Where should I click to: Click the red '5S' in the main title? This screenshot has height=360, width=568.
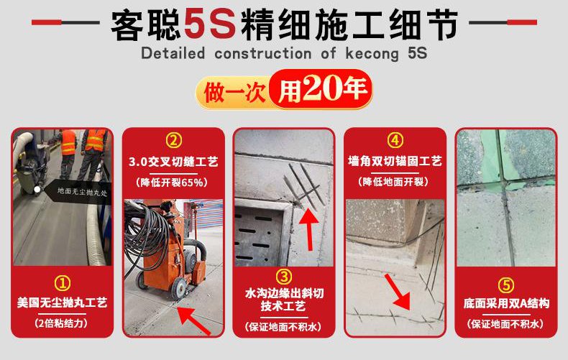pos(210,24)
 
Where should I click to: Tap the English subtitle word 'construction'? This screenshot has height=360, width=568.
pos(262,54)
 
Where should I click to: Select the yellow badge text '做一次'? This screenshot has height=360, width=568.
pos(234,93)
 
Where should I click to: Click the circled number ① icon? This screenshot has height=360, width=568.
pos(63,283)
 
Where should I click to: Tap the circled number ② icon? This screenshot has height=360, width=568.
pos(173,140)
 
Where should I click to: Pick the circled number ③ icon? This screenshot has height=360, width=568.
pos(283,277)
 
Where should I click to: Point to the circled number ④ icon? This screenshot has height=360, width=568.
pos(395,140)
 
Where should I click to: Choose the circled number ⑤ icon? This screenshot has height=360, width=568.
pos(505,285)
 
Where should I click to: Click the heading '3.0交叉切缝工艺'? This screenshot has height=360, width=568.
pos(173,162)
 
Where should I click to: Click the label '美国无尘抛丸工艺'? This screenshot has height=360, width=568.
pos(62,303)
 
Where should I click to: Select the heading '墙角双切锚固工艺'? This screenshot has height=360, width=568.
pos(395,161)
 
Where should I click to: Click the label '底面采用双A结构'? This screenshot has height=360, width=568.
pos(506,303)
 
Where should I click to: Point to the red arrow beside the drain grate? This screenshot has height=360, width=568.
pos(308,229)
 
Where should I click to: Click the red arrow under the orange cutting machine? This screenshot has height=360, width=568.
pos(194,320)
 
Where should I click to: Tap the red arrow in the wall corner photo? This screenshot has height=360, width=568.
pos(398,292)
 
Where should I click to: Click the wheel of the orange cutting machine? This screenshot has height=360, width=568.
pos(178,289)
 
